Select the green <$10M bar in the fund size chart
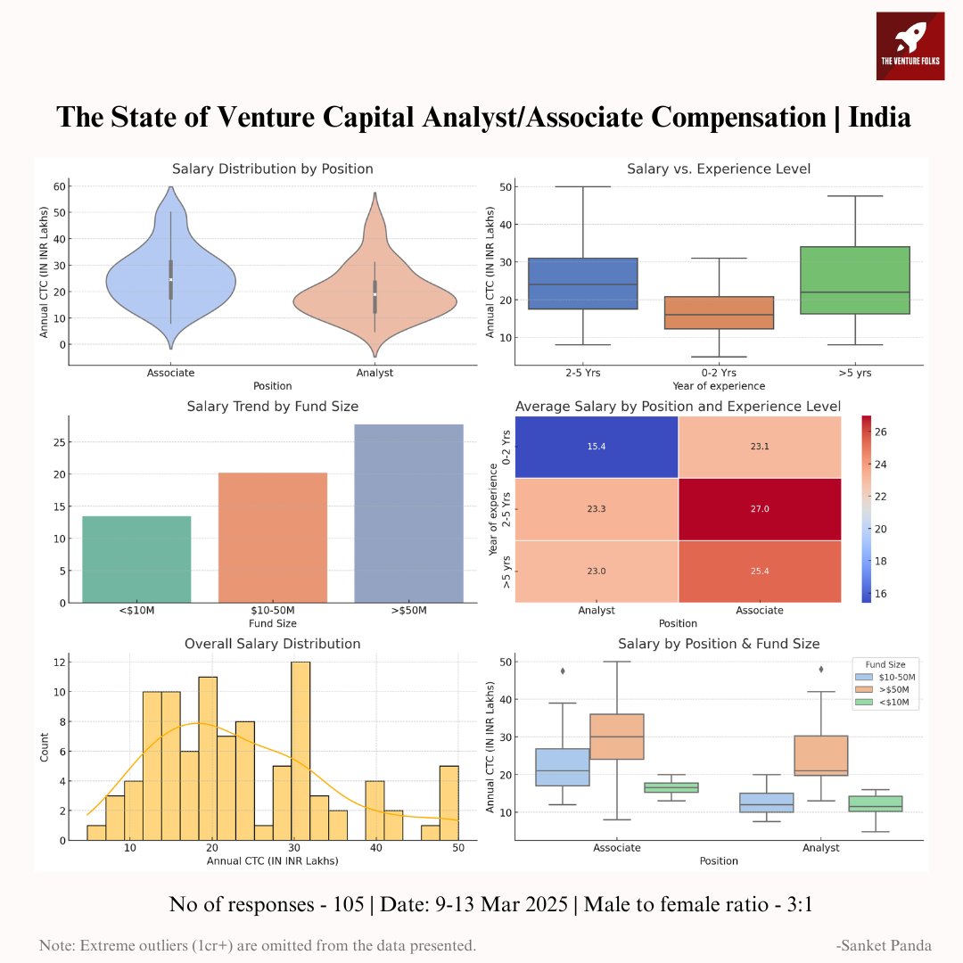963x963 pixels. [136, 559]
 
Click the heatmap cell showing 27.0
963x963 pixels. [760, 508]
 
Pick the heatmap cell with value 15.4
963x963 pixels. [597, 446]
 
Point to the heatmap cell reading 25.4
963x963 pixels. [760, 571]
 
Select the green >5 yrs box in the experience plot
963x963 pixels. [854, 280]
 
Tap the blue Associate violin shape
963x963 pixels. [170, 278]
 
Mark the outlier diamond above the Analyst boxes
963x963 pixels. [820, 669]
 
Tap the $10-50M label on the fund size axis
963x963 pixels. [272, 612]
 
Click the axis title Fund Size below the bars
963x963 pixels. [272, 624]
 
